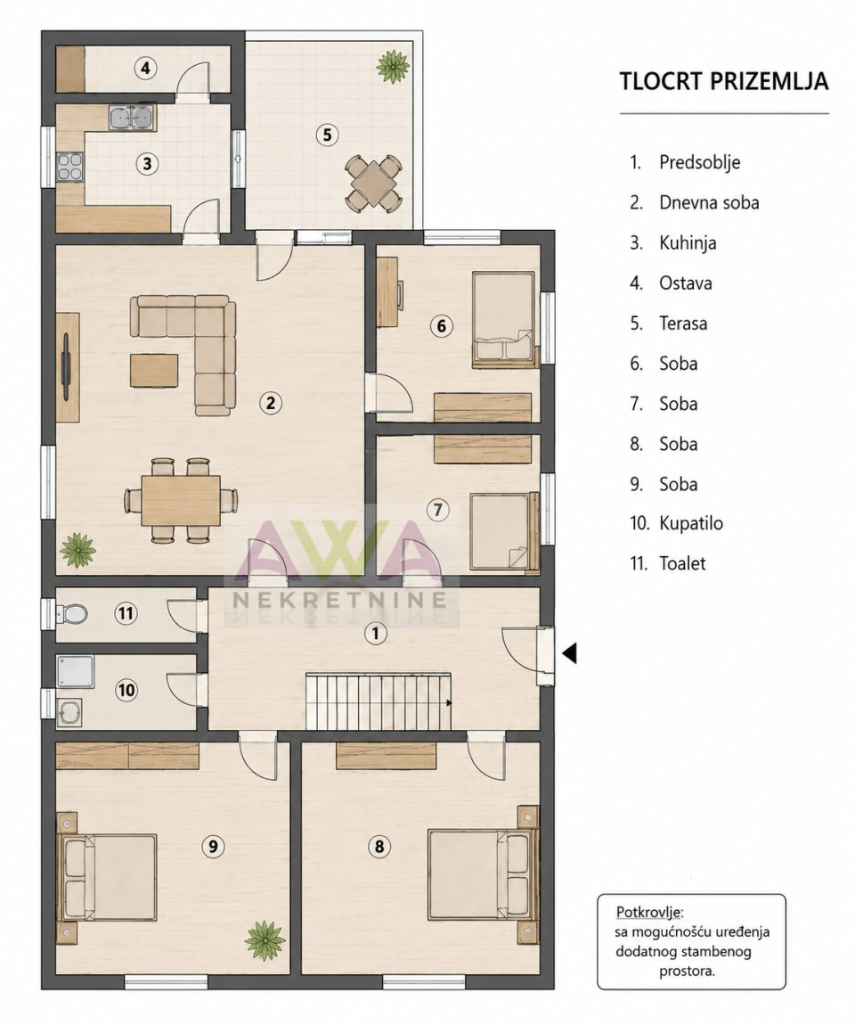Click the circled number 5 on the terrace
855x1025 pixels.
tap(327, 135)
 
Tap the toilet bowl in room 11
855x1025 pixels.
tap(74, 614)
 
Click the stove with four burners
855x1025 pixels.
tap(69, 166)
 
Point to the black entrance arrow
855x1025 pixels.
tap(570, 652)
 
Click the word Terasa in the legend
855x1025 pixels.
tap(683, 324)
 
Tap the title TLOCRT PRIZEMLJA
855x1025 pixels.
tap(724, 81)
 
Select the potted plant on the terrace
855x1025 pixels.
tap(393, 66)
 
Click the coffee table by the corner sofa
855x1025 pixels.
tap(154, 370)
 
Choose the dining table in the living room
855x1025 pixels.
tap(181, 501)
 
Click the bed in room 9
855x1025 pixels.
tap(108, 877)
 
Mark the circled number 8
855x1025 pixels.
tap(379, 847)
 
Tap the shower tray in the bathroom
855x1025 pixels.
tap(75, 673)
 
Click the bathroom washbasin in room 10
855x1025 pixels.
tap(69, 712)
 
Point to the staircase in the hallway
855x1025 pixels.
tap(379, 701)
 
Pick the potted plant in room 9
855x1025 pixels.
tap(265, 940)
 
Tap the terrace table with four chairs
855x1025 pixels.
tap(373, 183)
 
